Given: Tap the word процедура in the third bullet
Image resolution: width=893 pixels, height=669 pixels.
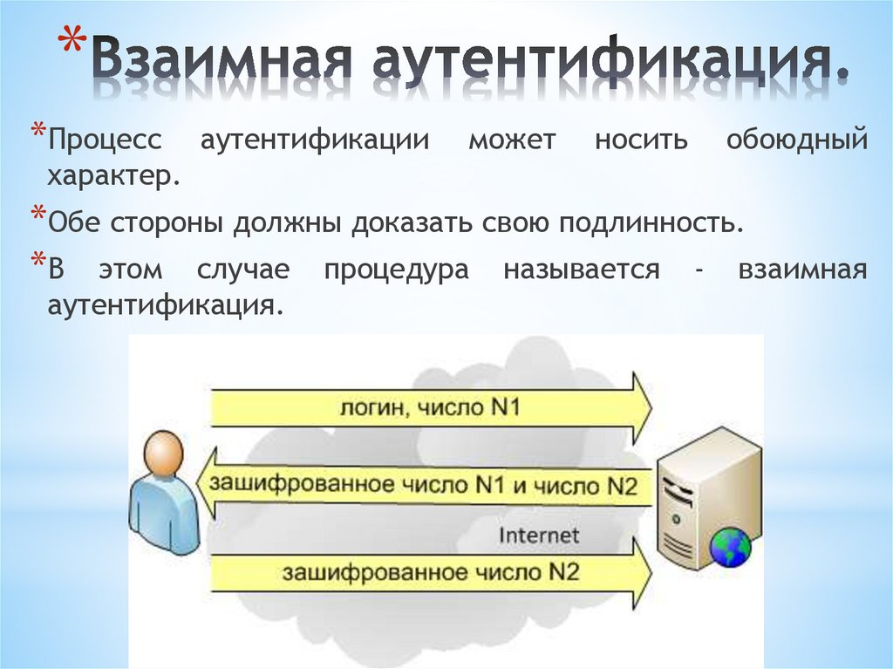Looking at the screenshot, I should [x=397, y=270].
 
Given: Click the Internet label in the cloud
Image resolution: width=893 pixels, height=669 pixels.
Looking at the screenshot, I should [x=538, y=534].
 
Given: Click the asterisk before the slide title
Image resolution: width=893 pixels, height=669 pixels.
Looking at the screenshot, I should [x=75, y=45].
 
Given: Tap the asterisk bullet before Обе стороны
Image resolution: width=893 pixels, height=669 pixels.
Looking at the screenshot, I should [x=38, y=215].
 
